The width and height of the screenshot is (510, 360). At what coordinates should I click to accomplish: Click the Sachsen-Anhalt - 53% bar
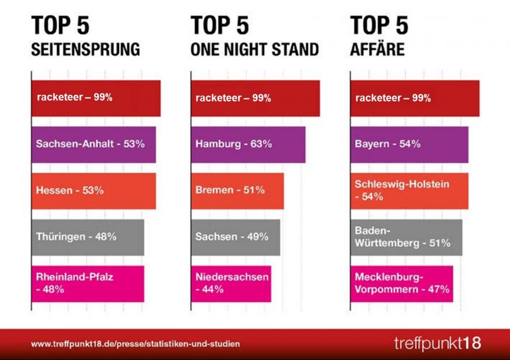[93, 144]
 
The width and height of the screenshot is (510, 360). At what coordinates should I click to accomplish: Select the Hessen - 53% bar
[93, 191]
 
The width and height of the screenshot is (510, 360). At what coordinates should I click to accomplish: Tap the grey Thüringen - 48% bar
[88, 237]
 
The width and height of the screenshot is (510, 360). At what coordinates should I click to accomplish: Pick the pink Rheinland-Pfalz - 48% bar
[88, 284]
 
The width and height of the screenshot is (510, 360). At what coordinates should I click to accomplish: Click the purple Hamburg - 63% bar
[248, 144]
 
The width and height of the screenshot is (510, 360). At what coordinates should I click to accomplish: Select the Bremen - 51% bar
[237, 191]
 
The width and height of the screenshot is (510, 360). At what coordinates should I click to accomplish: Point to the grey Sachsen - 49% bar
[235, 237]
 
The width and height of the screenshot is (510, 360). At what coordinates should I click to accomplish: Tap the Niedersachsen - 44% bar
[231, 284]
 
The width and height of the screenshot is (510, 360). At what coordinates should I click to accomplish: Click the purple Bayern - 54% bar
[409, 144]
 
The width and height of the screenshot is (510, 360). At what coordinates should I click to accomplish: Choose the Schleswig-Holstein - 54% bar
[409, 191]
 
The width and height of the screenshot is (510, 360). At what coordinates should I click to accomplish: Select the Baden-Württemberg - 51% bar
[406, 237]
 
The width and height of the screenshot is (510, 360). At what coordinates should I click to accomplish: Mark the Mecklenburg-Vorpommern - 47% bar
[401, 284]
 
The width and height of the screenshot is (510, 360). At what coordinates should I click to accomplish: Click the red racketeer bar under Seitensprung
[96, 98]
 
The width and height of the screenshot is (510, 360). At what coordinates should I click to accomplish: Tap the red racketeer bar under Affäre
[415, 98]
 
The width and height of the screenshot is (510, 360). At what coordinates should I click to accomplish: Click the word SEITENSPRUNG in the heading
[85, 49]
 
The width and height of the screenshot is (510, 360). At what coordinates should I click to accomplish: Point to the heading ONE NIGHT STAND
[254, 49]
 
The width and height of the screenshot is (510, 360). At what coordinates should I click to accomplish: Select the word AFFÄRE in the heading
[377, 49]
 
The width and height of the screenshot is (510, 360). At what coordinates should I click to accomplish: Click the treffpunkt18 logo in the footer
[437, 342]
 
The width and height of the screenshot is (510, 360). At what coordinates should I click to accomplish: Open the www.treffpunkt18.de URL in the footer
[135, 344]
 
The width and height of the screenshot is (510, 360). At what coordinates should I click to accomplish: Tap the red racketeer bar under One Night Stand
[255, 98]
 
